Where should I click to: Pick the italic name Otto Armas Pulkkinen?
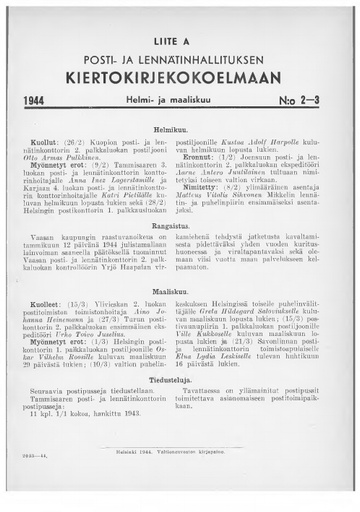[x=75, y=157]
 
